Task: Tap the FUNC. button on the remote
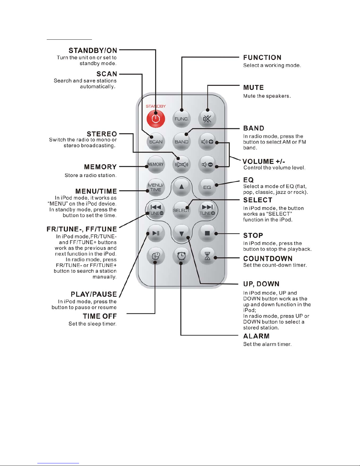pos(182,118)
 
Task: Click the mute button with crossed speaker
pos(207,118)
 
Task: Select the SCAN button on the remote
pos(156,141)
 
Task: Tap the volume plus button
pos(207,141)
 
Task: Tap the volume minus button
pos(207,164)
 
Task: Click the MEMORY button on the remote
pos(156,164)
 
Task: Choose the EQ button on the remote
pos(207,187)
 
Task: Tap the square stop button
pos(207,233)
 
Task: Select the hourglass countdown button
pos(207,256)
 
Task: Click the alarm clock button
pos(182,256)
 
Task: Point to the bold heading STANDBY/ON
pos(93,50)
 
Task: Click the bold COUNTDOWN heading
pos(268,258)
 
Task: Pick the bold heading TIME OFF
pos(100,316)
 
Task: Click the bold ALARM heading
pos(256,336)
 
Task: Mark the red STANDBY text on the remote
pos(156,106)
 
